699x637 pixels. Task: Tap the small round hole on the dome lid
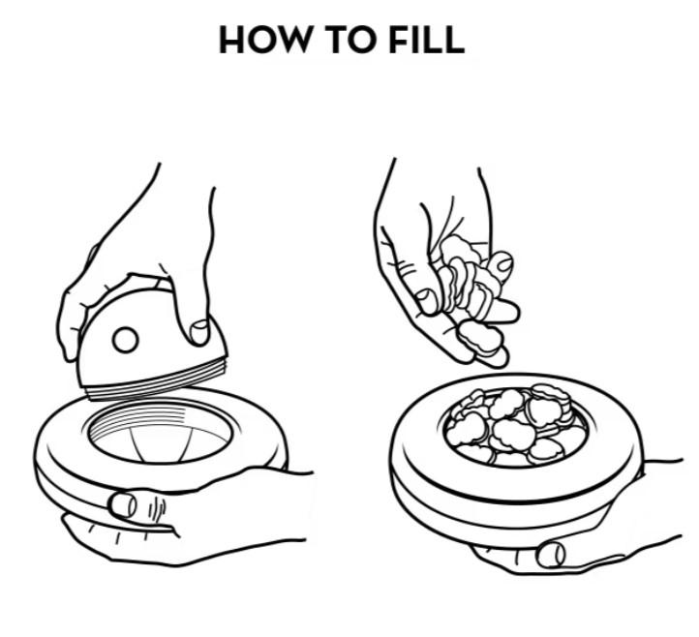click(125, 340)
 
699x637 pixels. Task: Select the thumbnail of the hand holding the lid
click(199, 332)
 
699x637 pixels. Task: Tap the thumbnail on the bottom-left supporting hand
click(122, 504)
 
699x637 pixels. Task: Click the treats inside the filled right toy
click(514, 427)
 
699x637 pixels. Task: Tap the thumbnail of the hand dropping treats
click(426, 301)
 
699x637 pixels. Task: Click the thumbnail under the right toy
click(551, 555)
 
